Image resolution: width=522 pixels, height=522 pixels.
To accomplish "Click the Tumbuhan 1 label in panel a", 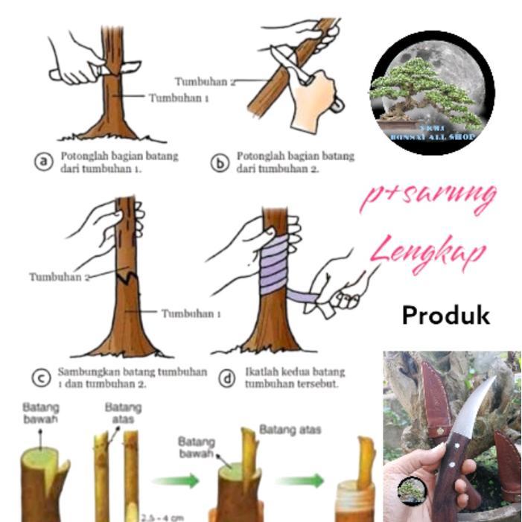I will coord(178,98).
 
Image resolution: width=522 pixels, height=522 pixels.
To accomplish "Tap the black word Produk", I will coord(445,315).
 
